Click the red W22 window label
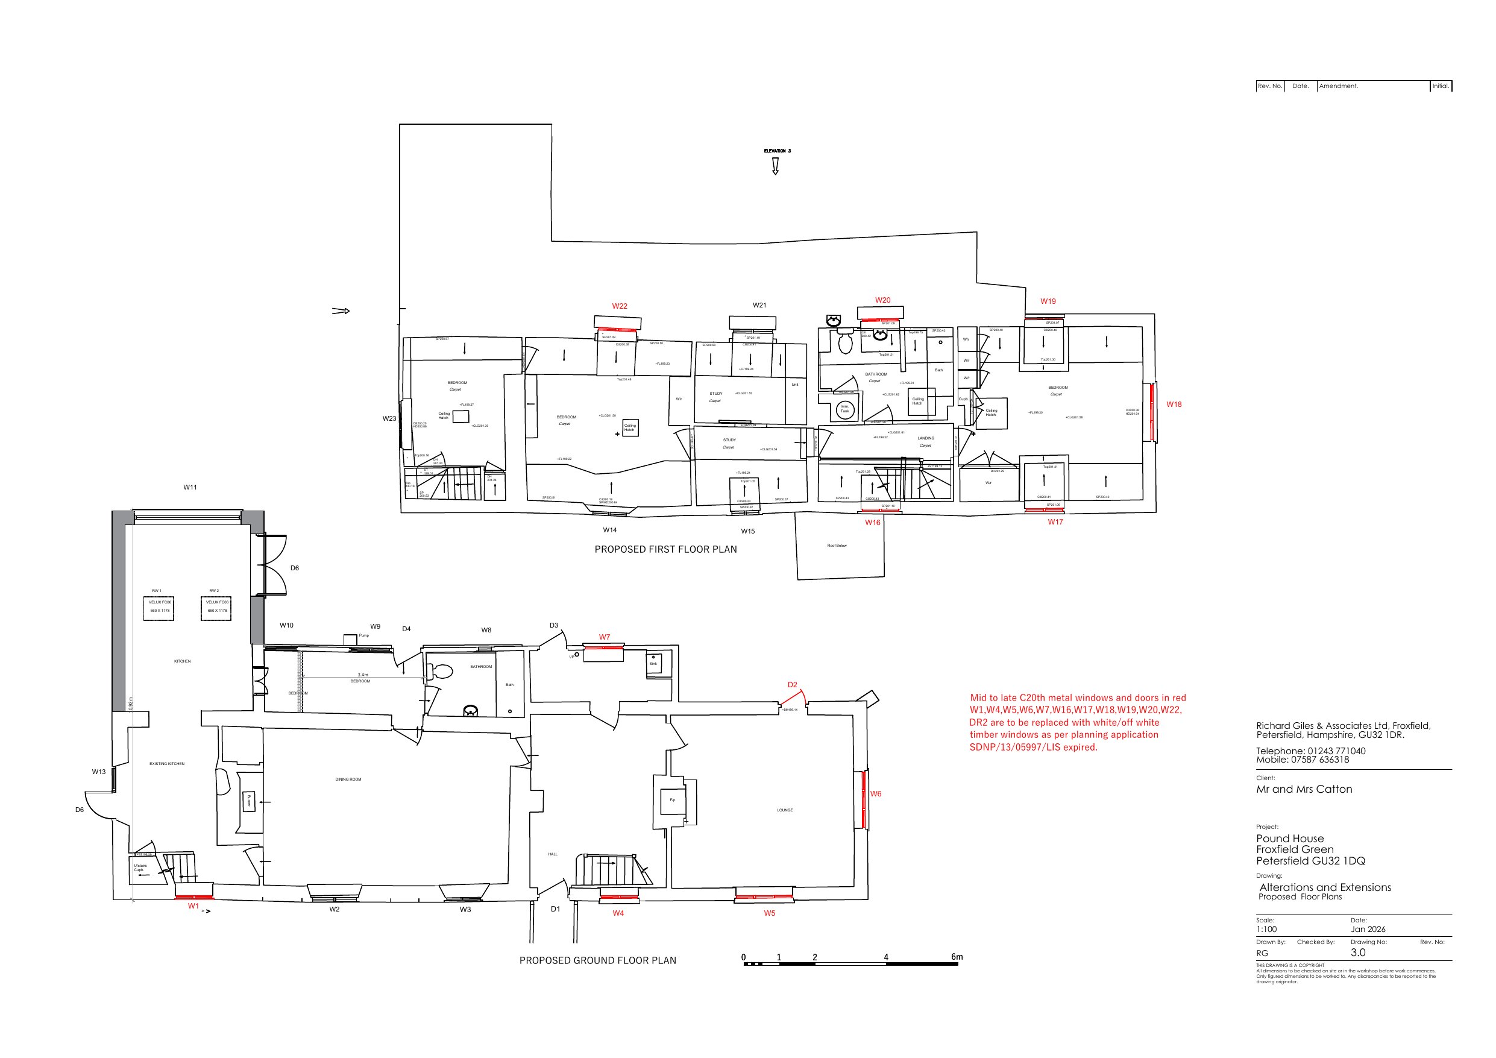[619, 306]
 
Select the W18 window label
[1174, 404]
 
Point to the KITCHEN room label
[183, 661]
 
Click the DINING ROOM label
[348, 779]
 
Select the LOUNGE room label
[785, 810]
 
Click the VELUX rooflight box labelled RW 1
[159, 607]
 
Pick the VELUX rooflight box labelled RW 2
[216, 607]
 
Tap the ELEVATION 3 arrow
[775, 166]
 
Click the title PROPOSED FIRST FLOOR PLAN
[665, 549]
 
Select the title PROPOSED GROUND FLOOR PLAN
[597, 960]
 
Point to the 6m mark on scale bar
[956, 957]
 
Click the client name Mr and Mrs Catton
[1304, 789]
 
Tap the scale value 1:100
[1266, 929]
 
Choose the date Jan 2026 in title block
[1368, 929]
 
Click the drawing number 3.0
[1358, 953]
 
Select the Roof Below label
[837, 546]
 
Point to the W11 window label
[190, 487]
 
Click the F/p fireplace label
[673, 799]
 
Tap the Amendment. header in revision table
[1338, 86]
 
